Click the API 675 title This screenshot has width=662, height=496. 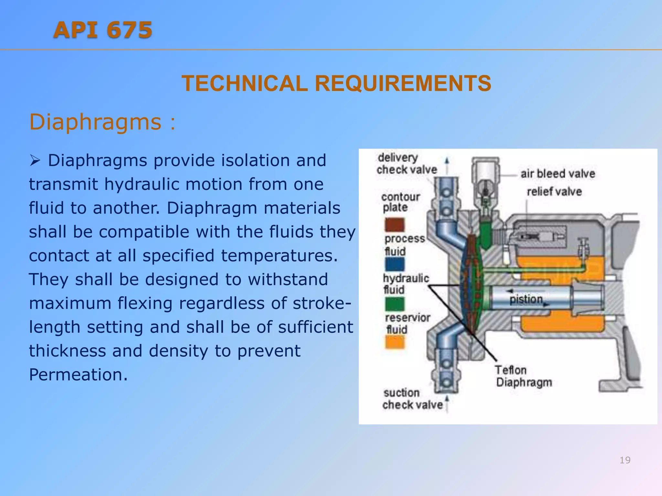103,30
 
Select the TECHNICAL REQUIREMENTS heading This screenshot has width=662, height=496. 336,84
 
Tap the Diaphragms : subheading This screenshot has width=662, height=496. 102,122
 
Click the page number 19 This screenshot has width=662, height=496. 625,460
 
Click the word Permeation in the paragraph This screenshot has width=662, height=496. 78,375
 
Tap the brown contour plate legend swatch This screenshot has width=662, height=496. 395,225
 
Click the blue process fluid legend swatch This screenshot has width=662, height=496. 395,264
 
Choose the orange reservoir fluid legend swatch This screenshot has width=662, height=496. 395,342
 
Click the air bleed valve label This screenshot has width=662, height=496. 558,174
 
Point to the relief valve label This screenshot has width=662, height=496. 554,192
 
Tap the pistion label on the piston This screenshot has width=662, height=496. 526,299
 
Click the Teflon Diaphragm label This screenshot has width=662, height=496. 524,376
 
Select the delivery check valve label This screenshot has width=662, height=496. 406,164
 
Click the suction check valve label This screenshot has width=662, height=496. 412,399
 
